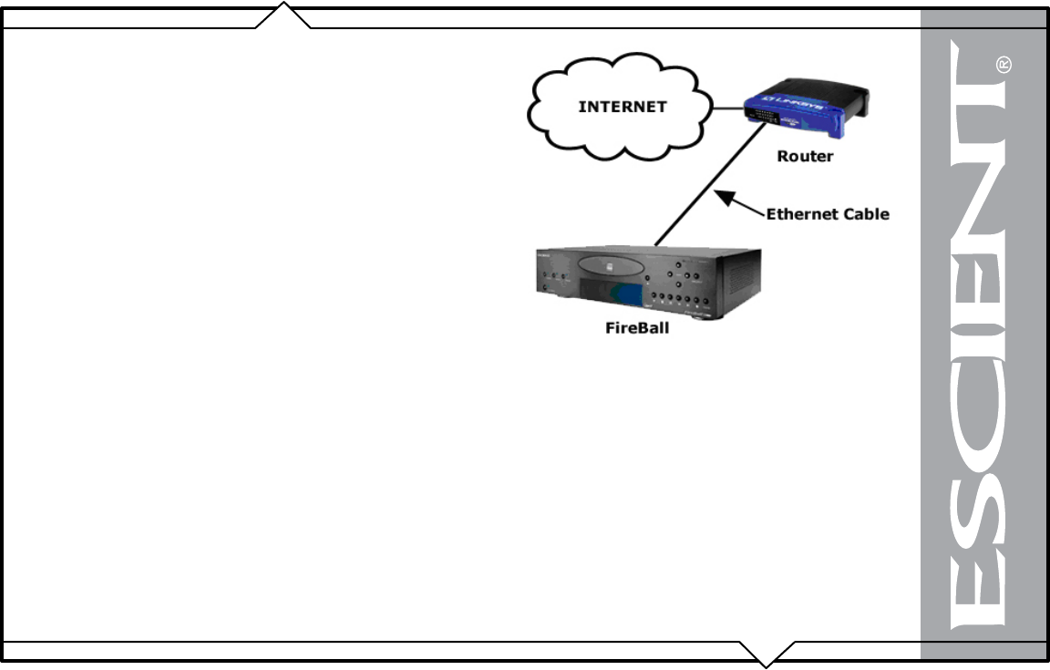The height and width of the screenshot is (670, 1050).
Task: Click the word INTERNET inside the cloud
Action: (623, 107)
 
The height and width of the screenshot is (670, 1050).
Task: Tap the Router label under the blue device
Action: (805, 156)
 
